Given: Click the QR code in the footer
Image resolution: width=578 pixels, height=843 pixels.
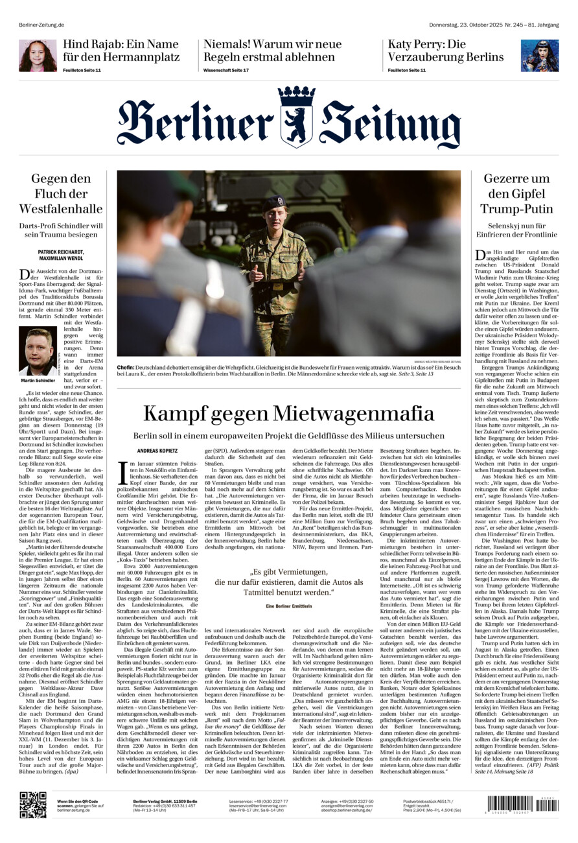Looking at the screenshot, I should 32,805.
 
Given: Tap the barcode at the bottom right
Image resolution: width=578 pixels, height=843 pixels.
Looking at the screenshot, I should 522,805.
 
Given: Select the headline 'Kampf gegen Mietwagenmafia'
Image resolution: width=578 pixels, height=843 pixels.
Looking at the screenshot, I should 288,412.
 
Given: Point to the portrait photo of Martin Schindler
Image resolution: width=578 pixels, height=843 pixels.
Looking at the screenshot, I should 38,351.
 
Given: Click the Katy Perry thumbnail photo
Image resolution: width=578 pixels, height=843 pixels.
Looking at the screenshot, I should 539,55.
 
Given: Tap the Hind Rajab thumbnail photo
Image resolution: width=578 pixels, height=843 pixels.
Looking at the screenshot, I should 38,55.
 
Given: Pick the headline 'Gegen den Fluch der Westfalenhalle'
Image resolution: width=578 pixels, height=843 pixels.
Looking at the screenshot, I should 61,193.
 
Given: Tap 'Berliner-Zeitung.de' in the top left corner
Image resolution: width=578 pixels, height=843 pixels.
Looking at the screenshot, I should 41,7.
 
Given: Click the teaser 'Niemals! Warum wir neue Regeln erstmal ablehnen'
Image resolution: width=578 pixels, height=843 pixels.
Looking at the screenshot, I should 272,50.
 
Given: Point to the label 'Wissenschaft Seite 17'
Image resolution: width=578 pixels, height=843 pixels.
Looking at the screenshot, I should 226,70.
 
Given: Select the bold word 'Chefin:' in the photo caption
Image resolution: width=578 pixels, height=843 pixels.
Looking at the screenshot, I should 126,367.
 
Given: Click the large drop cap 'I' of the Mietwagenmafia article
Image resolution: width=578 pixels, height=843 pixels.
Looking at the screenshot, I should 123,473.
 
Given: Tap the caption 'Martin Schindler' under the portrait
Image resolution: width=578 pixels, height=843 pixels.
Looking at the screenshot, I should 38,381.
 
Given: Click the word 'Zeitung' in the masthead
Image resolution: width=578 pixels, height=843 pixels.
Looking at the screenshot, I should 390,123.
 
